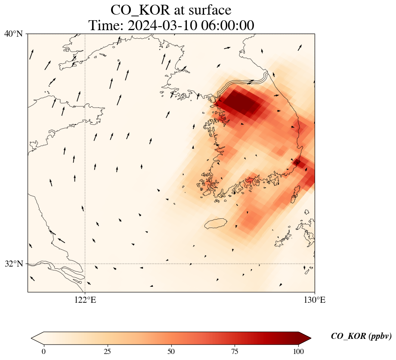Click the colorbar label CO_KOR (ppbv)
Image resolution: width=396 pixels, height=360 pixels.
(x=361, y=336)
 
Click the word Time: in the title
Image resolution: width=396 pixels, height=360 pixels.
(x=106, y=25)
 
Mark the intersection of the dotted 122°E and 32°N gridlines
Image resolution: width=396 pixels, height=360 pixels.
(x=85, y=264)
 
